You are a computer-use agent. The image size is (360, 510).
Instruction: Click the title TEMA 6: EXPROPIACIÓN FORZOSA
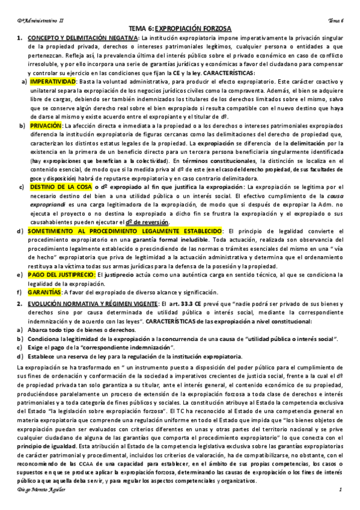tap(180, 28)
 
